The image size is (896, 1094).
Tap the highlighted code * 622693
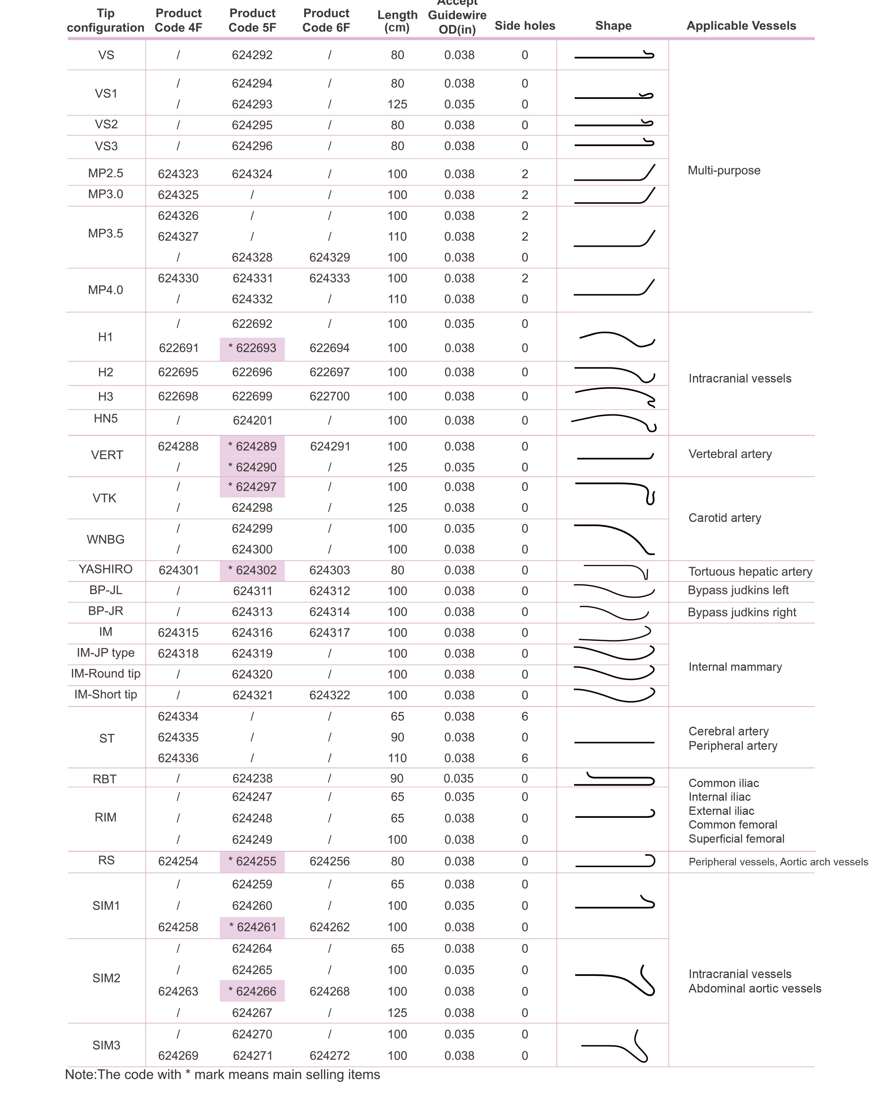tap(253, 348)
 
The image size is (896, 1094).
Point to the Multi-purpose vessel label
tap(724, 171)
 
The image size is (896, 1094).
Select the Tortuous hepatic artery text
tap(750, 572)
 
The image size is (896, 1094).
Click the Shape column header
tap(613, 26)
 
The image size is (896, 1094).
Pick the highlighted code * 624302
tap(253, 571)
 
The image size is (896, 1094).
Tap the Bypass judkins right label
tap(742, 613)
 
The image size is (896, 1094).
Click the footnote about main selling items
tap(223, 1074)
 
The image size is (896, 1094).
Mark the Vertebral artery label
tap(730, 454)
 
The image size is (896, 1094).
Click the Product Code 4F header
tap(178, 21)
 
